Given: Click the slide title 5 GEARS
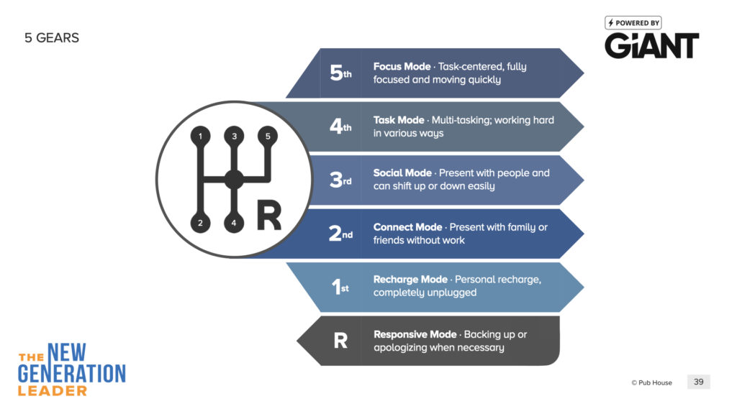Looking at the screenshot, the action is pyautogui.click(x=52, y=38).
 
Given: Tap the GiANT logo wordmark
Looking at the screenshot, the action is pyautogui.click(x=651, y=45).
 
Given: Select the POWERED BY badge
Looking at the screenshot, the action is pyautogui.click(x=633, y=23).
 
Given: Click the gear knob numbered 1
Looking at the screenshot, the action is pyautogui.click(x=200, y=136).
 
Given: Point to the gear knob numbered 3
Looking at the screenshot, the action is pyautogui.click(x=234, y=136).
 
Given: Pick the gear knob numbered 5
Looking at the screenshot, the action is pyautogui.click(x=268, y=136).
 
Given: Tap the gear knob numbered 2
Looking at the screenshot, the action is pyautogui.click(x=200, y=223).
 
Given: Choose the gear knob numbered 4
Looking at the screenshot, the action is pyautogui.click(x=234, y=223).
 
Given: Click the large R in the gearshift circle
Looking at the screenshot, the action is pyautogui.click(x=269, y=216).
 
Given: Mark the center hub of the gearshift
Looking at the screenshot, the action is pyautogui.click(x=234, y=179).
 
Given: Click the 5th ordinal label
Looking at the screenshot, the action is pyautogui.click(x=340, y=73).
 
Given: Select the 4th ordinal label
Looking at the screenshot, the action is pyautogui.click(x=340, y=126).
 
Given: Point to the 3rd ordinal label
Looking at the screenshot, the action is pyautogui.click(x=340, y=180).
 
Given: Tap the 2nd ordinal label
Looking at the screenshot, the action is pyautogui.click(x=340, y=234).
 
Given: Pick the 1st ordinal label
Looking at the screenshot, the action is pyautogui.click(x=340, y=286).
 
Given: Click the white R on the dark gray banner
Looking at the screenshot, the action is pyautogui.click(x=340, y=340).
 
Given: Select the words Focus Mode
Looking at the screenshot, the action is pyautogui.click(x=402, y=67).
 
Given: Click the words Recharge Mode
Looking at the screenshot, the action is pyautogui.click(x=410, y=280).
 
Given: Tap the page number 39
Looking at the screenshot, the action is pyautogui.click(x=698, y=382).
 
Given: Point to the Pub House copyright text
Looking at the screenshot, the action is pyautogui.click(x=651, y=382).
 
